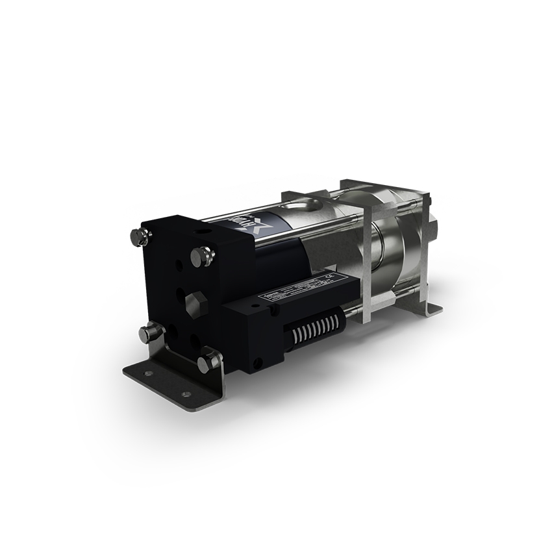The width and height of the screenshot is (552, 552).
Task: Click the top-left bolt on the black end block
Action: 138,237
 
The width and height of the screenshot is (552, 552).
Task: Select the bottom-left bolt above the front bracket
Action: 149,334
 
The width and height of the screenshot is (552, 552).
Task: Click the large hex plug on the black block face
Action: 195,303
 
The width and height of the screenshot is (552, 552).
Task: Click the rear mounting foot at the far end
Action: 432,309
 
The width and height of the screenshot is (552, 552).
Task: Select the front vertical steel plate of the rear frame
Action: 368,260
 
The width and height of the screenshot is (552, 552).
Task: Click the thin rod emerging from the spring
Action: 350,314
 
